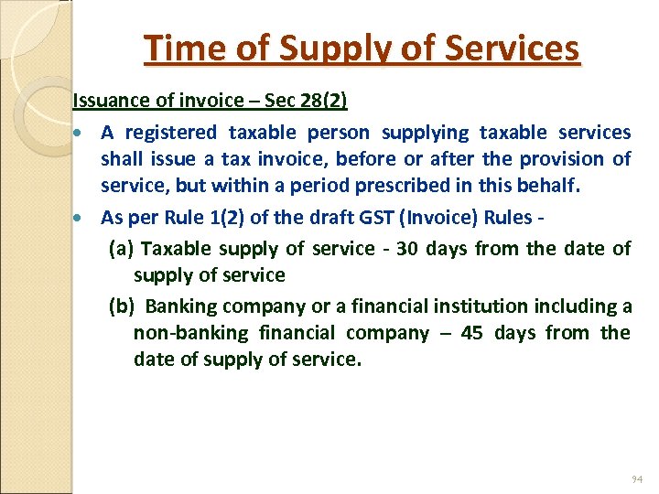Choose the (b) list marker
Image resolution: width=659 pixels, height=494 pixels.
123,306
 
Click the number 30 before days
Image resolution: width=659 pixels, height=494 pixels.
407,248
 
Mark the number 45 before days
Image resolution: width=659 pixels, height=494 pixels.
472,332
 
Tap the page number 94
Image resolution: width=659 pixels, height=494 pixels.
637,479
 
